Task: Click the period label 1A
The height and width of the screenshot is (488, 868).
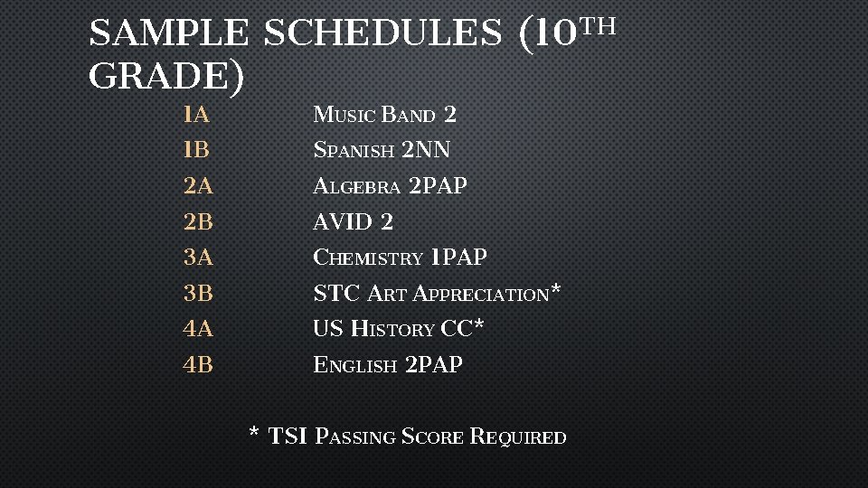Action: [x=195, y=115]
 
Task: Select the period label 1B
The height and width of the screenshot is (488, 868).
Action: [x=196, y=150]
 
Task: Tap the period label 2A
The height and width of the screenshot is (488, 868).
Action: [x=198, y=186]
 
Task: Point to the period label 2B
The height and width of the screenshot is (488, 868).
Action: [x=198, y=221]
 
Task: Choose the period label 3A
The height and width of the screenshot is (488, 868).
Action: [x=198, y=258]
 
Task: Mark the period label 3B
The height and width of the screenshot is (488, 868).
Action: [x=198, y=293]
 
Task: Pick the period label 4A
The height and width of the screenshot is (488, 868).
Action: [x=198, y=329]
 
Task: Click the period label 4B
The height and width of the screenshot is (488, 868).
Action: [x=198, y=365]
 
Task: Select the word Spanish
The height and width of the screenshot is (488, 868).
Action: [x=354, y=150]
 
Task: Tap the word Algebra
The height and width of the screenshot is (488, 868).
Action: [x=356, y=186]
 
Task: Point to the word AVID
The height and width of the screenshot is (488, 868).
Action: [x=342, y=221]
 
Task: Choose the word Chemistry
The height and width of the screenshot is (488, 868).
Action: [x=367, y=258]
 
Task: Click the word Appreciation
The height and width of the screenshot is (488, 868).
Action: [x=480, y=294]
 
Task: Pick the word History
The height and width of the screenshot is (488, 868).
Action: [x=392, y=329]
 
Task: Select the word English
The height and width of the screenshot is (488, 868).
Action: [x=354, y=365]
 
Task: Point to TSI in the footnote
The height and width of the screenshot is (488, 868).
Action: [x=288, y=436]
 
